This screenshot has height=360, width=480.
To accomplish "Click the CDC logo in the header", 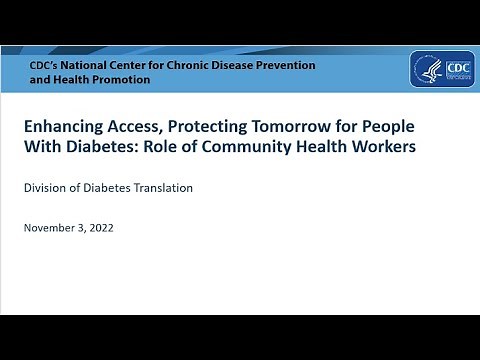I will coord(441,70).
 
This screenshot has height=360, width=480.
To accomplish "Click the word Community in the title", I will coord(243,148).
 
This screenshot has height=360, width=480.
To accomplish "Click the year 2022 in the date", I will coord(100,227).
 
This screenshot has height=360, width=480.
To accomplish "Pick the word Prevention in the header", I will coord(284,65).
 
